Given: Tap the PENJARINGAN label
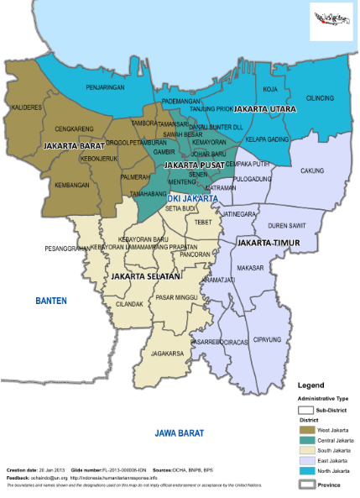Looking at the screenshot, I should [106, 87].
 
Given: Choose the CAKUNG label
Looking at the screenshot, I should [312, 170].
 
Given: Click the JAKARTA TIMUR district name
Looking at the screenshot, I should [266, 243].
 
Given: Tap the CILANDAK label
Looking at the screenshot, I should [129, 304].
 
